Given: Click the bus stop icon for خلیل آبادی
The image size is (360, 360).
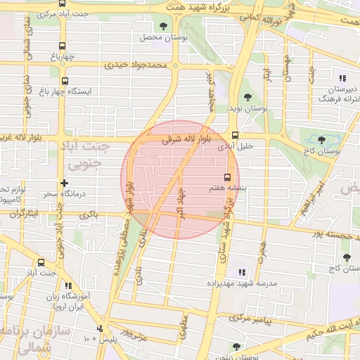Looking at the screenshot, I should [x=235, y=136].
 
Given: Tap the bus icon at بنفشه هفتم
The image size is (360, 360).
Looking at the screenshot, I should [x=227, y=177].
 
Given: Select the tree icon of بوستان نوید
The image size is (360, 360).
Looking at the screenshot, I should [x=247, y=97].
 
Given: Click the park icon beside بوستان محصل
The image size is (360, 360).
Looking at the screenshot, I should [x=164, y=26].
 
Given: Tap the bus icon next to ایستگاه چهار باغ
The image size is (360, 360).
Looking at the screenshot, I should [x=65, y=82].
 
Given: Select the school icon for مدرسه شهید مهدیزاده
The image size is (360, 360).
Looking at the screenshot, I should [x=242, y=272].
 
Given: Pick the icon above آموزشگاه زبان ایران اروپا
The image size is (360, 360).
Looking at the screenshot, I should [x=69, y=285].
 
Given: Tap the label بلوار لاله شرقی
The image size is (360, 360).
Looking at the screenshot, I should [x=186, y=141].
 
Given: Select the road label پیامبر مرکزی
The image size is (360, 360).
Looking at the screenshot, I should [x=257, y=319].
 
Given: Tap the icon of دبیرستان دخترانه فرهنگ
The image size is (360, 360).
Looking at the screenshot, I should [x=342, y=78].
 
